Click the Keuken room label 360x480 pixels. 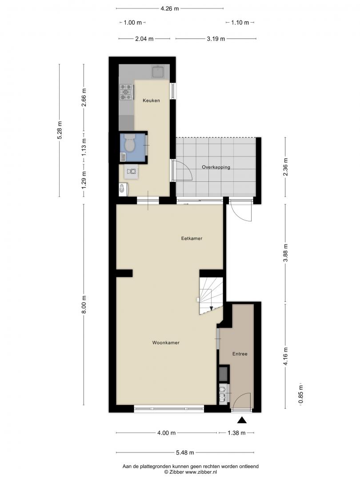pos(151,100)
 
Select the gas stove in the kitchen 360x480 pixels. pos(126,92)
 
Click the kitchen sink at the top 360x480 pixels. pos(158,72)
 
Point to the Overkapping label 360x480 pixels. pos(216,167)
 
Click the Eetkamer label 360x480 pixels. pos(192,238)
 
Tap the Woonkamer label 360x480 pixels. pos(166,343)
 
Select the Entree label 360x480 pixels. pos(240,354)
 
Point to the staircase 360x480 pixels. pos(211,296)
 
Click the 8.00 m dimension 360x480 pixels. pos(84,304)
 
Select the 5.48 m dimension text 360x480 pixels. pos(185,452)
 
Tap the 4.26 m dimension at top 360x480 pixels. pos(170,8)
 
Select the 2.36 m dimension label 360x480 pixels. pos(285,167)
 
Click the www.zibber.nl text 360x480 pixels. pos(201,472)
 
